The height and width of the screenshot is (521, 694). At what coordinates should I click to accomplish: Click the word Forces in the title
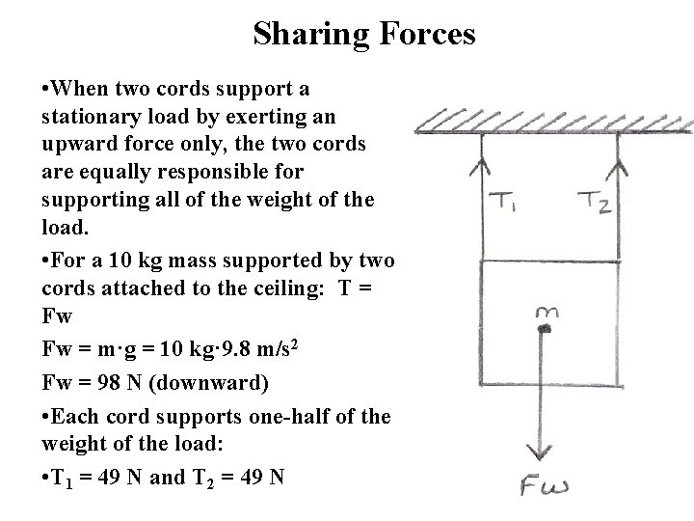[x=422, y=35]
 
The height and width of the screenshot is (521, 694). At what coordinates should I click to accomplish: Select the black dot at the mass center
[x=545, y=330]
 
